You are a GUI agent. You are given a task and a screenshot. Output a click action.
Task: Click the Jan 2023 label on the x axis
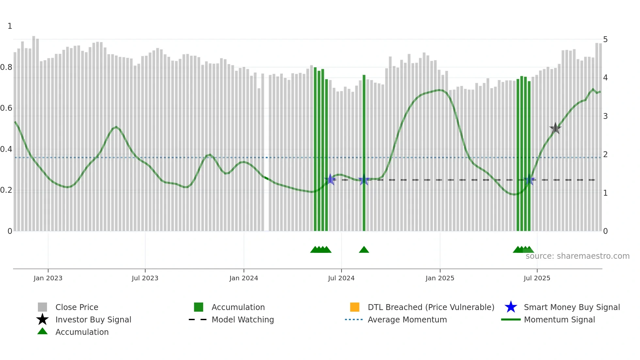tap(48, 278)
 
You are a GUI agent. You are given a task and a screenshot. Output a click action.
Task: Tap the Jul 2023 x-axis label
tap(145, 278)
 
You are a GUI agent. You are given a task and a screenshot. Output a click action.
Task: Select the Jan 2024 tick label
tap(244, 278)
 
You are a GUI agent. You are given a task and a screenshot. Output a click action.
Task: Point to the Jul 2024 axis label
tap(341, 278)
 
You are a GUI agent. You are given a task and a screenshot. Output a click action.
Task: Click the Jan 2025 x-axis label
tap(440, 278)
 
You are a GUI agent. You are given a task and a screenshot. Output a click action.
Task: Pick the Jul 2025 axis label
tap(537, 278)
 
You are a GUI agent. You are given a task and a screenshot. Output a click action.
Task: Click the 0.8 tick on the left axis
tap(6, 67)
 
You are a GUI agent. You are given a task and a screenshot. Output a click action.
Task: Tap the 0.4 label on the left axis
tap(6, 149)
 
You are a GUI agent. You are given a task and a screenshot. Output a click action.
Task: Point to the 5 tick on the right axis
tap(605, 40)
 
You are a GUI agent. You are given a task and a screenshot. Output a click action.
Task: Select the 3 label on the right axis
tap(605, 116)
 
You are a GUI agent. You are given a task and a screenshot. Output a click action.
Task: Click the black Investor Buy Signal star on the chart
tap(555, 128)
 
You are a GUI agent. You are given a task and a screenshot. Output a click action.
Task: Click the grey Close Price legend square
tap(42, 307)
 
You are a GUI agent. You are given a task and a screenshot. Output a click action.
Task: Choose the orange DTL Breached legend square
tap(355, 307)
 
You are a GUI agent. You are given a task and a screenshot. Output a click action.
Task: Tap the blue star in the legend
tap(511, 307)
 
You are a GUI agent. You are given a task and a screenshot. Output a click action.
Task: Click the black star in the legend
tap(42, 319)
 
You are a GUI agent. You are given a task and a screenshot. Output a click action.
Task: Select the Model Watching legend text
tap(243, 319)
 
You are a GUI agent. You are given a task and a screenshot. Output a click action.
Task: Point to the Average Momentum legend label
tap(407, 319)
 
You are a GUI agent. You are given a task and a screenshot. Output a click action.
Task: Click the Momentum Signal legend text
tap(559, 319)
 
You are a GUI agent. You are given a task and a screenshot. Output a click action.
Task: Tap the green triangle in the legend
tap(42, 331)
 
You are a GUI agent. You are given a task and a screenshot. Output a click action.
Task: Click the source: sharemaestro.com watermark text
tap(577, 256)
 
